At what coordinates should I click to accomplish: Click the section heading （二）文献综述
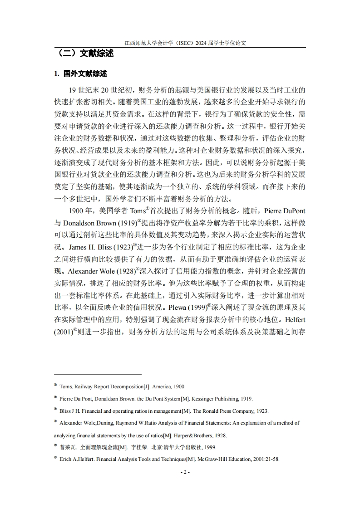84,54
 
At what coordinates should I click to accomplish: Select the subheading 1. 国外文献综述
80,73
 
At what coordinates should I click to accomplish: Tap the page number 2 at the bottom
185,472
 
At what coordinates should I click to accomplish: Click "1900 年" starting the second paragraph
80,210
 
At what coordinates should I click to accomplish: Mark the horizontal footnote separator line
98,374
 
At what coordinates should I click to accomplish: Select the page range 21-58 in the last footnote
272,459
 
